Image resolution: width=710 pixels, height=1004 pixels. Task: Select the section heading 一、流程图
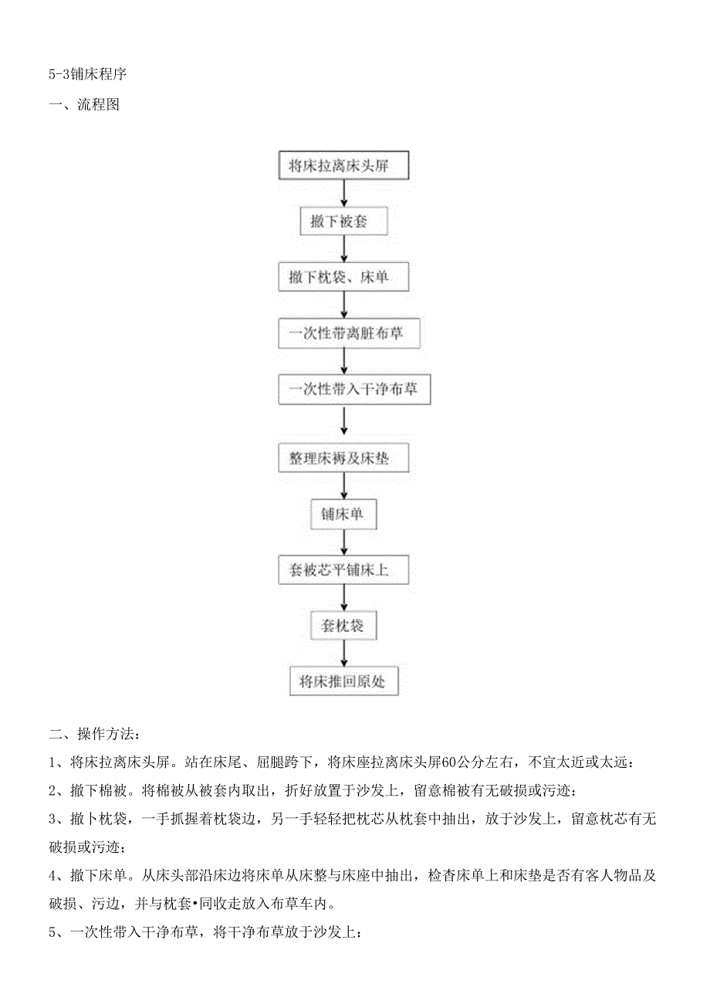pos(84,105)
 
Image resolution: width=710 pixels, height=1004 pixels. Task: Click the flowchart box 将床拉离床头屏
pos(343,166)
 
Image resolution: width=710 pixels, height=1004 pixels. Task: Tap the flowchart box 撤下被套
pos(343,222)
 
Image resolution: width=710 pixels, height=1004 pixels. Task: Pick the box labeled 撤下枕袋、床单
pos(343,278)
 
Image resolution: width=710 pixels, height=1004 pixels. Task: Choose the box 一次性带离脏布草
pos(343,334)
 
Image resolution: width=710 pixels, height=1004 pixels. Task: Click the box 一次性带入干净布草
pos(354,390)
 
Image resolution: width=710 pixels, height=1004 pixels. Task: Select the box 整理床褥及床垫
pos(343,458)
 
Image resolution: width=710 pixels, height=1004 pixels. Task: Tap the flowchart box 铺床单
pos(343,514)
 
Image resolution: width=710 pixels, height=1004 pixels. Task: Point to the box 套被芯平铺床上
pos(343,570)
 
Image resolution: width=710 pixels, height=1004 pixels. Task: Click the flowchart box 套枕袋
pos(343,626)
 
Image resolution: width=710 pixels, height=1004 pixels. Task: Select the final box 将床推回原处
pos(343,681)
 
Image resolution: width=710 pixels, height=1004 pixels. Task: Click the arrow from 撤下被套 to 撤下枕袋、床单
pos(344,249)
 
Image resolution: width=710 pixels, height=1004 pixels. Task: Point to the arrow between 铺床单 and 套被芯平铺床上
pos(344,543)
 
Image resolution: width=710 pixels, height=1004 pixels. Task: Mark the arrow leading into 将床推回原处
pos(344,654)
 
